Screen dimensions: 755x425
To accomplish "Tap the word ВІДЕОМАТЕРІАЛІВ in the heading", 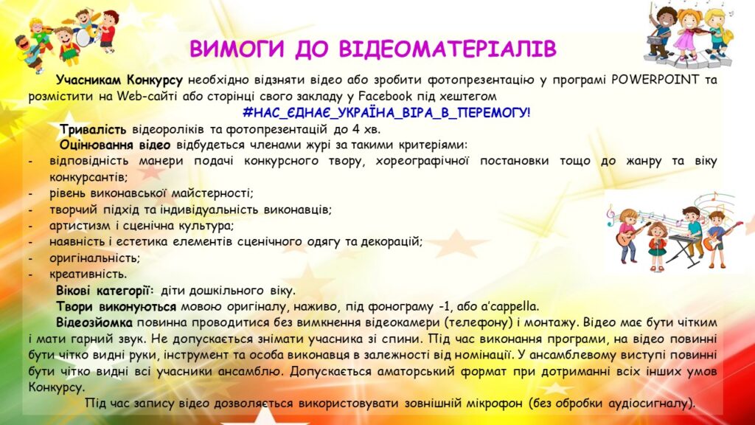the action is [x=448, y=49].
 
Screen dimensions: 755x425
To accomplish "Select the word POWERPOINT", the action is [x=655, y=80].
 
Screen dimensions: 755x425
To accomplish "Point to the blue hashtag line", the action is [x=386, y=113].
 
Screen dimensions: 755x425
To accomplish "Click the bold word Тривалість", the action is [x=93, y=129].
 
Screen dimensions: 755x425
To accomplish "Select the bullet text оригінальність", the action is [x=94, y=258].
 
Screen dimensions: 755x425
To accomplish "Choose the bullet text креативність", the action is [x=88, y=274].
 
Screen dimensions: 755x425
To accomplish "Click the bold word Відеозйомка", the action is [x=94, y=322].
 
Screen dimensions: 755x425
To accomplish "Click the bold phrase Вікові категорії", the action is [x=105, y=291].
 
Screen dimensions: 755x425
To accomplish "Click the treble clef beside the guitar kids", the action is [x=611, y=215].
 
